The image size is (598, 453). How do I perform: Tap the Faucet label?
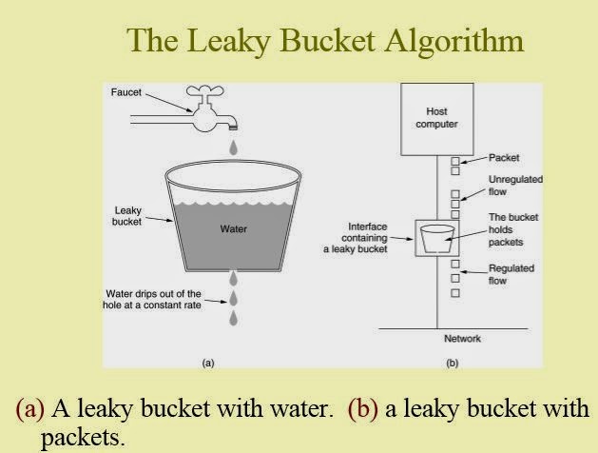125,92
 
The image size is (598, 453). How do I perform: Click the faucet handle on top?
204,91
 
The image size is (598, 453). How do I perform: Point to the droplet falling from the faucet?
234,148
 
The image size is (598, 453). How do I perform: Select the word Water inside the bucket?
234,229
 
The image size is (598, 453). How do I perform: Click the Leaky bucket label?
127,216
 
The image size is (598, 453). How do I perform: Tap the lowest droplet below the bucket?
234,318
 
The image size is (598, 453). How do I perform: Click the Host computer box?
437,119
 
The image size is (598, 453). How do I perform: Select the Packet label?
504,158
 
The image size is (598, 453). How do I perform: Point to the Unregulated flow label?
515,186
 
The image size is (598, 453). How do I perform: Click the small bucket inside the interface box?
437,239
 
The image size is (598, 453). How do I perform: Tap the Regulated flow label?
511,274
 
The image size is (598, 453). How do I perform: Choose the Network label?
462,339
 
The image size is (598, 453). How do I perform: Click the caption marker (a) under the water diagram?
208,363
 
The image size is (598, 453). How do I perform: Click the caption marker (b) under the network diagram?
452,363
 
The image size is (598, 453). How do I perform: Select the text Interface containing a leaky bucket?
356,238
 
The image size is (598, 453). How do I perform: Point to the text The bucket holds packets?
513,229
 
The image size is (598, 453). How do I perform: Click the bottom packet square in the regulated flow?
455,293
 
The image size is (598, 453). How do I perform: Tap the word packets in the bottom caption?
83,438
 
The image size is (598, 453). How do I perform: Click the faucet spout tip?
233,128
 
